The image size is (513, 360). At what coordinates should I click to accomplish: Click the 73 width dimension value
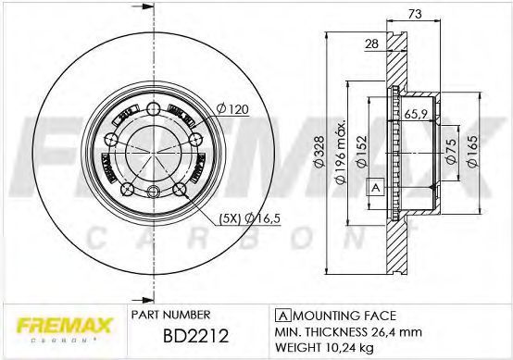pyautogui.click(x=415, y=14)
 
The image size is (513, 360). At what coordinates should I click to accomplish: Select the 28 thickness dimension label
pyautogui.click(x=371, y=43)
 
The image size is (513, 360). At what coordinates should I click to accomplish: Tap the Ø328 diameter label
pyautogui.click(x=319, y=152)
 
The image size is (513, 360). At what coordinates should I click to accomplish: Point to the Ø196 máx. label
pyautogui.click(x=341, y=152)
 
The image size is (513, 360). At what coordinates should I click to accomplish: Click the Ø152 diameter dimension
pyautogui.click(x=362, y=152)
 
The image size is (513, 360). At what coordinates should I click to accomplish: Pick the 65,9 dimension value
pyautogui.click(x=416, y=114)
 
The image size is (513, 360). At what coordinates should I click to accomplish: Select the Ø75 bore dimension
pyautogui.click(x=451, y=151)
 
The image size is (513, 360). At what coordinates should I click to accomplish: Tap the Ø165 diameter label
pyautogui.click(x=472, y=152)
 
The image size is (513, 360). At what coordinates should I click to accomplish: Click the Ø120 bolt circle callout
pyautogui.click(x=232, y=109)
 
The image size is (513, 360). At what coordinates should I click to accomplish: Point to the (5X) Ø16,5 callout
pyautogui.click(x=250, y=218)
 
